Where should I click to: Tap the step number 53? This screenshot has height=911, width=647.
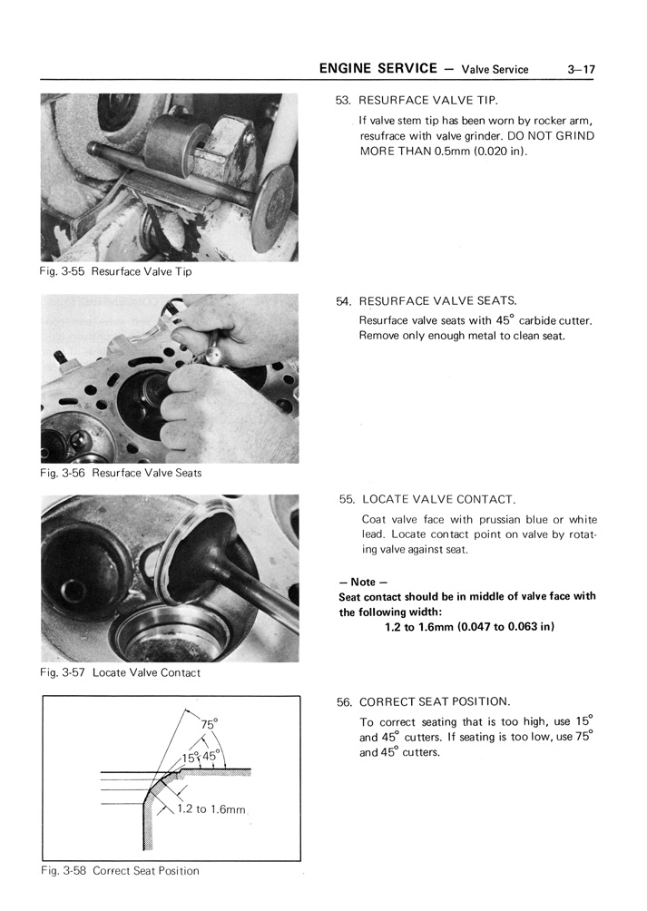point(343,100)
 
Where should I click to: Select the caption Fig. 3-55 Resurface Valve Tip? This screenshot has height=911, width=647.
point(116,272)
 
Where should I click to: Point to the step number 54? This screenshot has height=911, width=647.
point(343,301)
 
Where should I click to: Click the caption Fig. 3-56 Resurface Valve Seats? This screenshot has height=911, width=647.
point(121,473)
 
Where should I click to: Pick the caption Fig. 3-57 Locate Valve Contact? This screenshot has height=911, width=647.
point(120,673)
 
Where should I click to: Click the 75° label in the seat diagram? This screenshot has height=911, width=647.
point(210,725)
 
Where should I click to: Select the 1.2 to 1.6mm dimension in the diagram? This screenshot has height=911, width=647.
point(210,809)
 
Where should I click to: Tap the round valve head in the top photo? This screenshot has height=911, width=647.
point(272,208)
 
